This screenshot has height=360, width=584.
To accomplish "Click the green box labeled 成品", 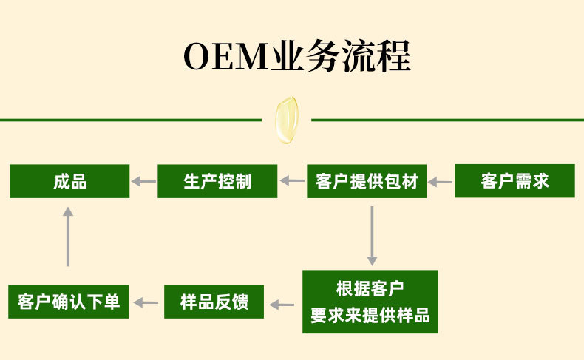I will click(x=69, y=181).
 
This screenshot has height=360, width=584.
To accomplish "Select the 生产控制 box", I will click(x=217, y=181).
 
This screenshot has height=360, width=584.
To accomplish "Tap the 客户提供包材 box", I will click(x=367, y=181).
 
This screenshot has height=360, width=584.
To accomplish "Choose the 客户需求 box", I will click(x=515, y=181).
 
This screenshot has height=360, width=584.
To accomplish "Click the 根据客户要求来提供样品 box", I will click(x=370, y=302).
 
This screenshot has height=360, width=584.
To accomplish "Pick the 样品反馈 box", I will click(x=214, y=302).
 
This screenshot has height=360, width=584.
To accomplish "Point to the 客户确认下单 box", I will click(x=68, y=302).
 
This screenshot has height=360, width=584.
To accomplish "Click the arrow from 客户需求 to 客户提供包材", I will click(x=441, y=181).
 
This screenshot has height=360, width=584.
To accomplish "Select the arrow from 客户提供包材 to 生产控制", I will click(x=292, y=181).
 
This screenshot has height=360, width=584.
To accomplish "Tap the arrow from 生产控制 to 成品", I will click(x=143, y=181).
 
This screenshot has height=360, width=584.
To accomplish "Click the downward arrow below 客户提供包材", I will click(x=372, y=235).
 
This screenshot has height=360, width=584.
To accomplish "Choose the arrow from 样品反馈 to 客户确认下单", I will click(x=146, y=302).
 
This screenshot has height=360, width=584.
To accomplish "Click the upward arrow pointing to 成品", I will click(x=68, y=237).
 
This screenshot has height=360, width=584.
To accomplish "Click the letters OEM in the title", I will click(x=225, y=57).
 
